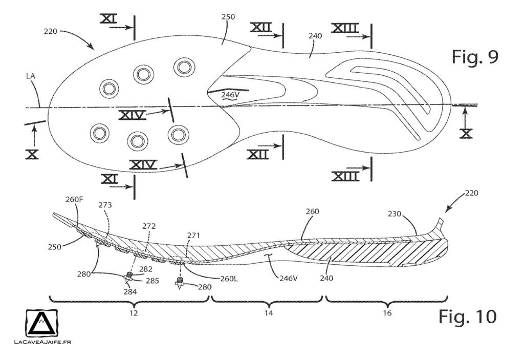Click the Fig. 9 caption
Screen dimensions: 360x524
[475, 57]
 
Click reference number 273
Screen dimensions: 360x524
[105, 205]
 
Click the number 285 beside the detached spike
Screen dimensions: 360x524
[152, 281]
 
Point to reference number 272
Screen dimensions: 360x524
[150, 226]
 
